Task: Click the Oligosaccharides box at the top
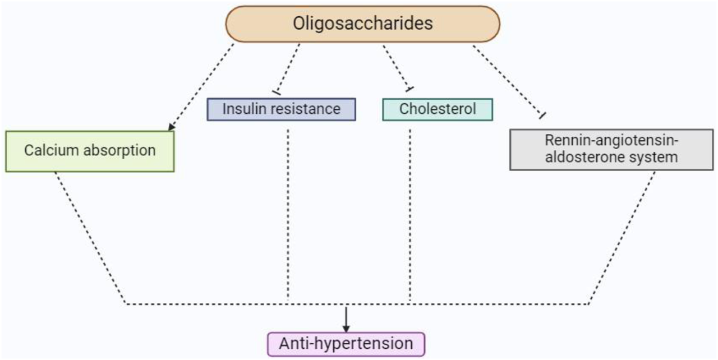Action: (x=362, y=24)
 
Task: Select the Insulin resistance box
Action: (x=281, y=109)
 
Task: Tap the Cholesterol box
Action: (x=437, y=109)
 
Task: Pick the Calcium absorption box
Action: (x=90, y=150)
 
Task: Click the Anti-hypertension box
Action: (x=346, y=342)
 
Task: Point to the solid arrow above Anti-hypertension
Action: (x=346, y=319)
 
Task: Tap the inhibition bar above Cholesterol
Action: (x=409, y=89)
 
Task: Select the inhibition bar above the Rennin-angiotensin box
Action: (x=541, y=116)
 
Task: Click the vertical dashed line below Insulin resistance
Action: (x=288, y=213)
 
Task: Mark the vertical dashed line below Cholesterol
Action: (x=409, y=213)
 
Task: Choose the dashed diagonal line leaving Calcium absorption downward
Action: (x=90, y=236)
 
